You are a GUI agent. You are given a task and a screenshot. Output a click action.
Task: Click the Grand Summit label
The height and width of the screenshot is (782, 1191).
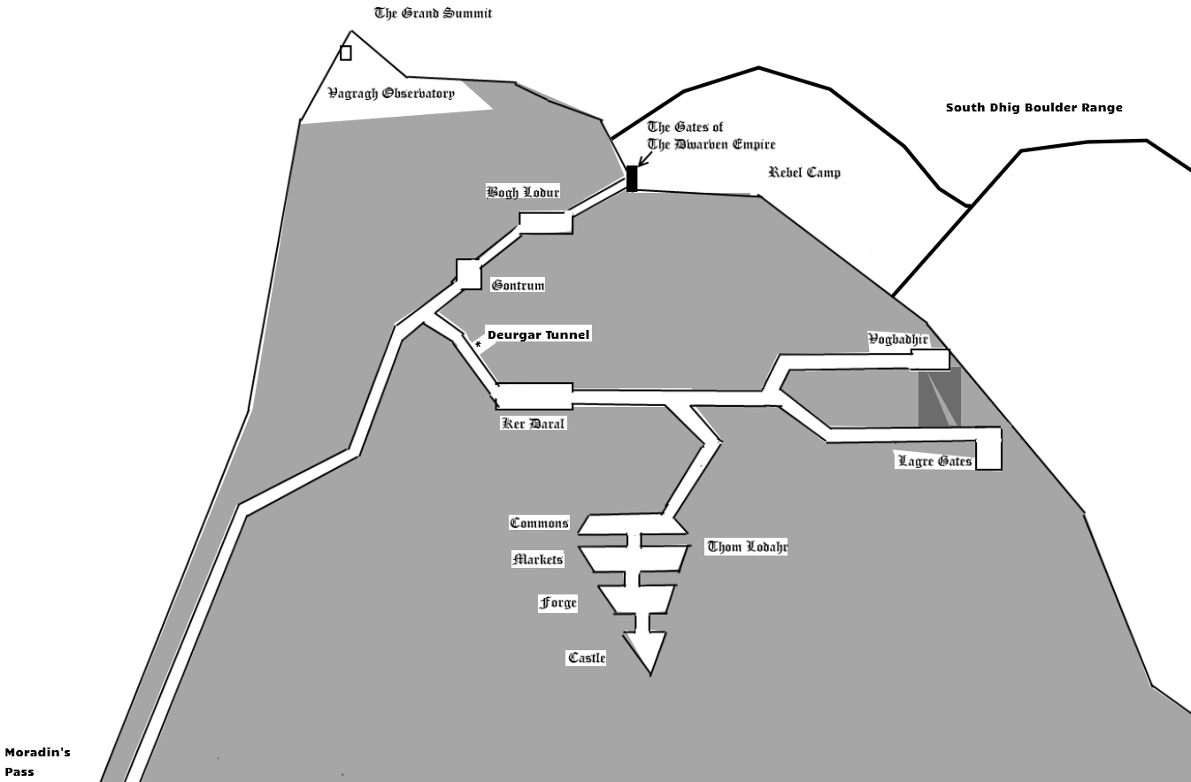click(433, 13)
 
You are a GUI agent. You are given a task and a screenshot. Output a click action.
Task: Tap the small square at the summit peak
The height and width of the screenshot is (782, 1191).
click(346, 53)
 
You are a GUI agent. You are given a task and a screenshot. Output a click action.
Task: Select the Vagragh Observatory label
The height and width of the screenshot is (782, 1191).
click(391, 93)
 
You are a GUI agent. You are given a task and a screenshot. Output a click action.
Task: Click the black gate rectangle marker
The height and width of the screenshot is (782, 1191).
click(632, 178)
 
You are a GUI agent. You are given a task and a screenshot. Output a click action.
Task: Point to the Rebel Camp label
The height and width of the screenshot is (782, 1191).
click(803, 172)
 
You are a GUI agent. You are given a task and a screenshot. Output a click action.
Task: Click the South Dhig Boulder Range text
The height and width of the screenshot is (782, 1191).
click(1033, 108)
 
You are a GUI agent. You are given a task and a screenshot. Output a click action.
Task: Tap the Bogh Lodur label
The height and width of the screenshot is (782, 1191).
click(523, 192)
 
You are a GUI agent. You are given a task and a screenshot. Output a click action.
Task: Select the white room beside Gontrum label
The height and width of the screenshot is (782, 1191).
click(469, 273)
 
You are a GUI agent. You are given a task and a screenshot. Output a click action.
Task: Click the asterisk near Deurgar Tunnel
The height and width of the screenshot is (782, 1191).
click(478, 345)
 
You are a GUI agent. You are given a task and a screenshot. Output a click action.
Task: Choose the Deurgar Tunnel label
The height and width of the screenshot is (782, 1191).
click(538, 334)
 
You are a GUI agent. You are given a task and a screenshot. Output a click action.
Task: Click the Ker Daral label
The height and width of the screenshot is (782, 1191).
click(533, 423)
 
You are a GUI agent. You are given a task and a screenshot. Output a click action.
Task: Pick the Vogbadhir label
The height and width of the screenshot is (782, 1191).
click(898, 340)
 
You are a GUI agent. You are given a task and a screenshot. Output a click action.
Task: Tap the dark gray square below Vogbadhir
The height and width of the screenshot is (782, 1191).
click(939, 398)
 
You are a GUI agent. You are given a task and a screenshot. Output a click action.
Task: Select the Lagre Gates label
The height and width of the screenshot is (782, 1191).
click(934, 461)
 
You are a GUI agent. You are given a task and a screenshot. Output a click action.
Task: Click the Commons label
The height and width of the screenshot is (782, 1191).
click(539, 523)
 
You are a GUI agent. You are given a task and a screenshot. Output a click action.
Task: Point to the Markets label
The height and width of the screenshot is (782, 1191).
click(538, 559)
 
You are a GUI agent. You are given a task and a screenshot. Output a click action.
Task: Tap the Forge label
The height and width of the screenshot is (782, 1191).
click(558, 602)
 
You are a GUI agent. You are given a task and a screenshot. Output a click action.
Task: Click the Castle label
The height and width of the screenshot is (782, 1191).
click(587, 657)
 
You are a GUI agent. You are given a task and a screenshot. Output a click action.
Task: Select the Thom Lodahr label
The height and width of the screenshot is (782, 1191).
click(747, 547)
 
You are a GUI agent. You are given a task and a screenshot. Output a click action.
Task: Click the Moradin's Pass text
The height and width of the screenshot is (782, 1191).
click(37, 762)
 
